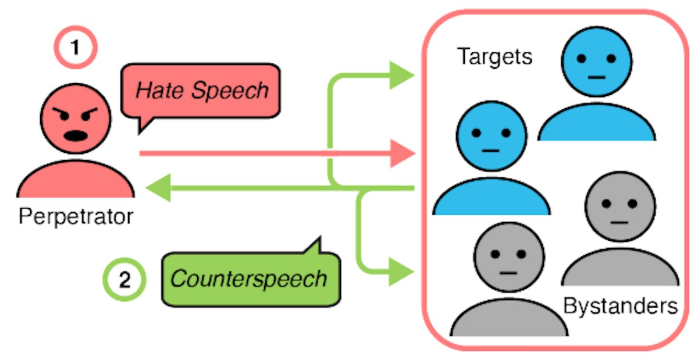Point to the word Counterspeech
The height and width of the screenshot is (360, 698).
pyautogui.click(x=248, y=279)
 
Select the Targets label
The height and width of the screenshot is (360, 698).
pyautogui.click(x=494, y=56)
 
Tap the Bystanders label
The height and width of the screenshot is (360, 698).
pyautogui.click(x=621, y=305)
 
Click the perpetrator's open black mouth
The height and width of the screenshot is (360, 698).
pyautogui.click(x=75, y=136)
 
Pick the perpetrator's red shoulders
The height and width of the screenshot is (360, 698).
pyautogui.click(x=76, y=180)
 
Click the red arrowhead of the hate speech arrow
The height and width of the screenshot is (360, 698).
pyautogui.click(x=402, y=154)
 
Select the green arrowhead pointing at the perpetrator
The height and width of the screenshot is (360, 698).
pyautogui.click(x=158, y=188)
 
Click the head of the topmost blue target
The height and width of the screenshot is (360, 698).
pyautogui.click(x=596, y=59)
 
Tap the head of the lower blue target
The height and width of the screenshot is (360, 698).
pyautogui.click(x=492, y=136)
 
